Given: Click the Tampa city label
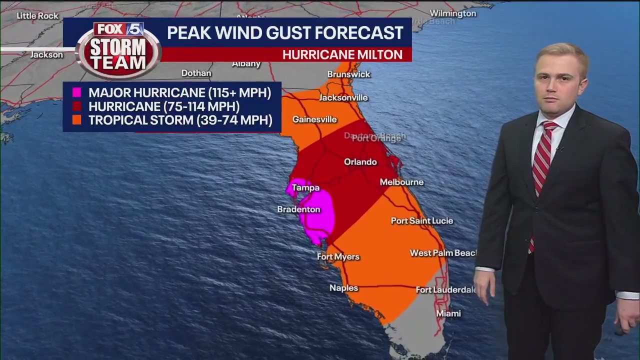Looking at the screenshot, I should pyautogui.click(x=305, y=188).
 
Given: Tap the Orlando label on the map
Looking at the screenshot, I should pyautogui.click(x=360, y=162).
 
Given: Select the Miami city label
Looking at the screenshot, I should pyautogui.click(x=448, y=313).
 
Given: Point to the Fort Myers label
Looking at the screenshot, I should pyautogui.click(x=338, y=257).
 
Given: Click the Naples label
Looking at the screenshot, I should pyautogui.click(x=343, y=288).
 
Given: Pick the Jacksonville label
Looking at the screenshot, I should pyautogui.click(x=343, y=98).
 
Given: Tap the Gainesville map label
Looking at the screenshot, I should pyautogui.click(x=314, y=120).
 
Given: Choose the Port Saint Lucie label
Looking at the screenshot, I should pyautogui.click(x=421, y=221).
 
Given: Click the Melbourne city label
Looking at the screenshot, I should pyautogui.click(x=401, y=182).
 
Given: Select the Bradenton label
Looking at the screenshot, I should pyautogui.click(x=298, y=209).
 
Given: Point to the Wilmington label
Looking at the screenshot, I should pyautogui.click(x=453, y=13).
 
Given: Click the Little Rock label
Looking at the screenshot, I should pyautogui.click(x=37, y=16).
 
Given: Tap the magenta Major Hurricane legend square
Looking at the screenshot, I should pyautogui.click(x=76, y=92).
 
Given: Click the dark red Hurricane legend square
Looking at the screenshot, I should pyautogui.click(x=76, y=106).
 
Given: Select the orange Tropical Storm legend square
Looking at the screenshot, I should pyautogui.click(x=76, y=120).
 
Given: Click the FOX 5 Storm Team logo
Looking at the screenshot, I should pyautogui.click(x=118, y=50).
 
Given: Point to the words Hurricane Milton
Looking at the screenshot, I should pyautogui.click(x=342, y=55).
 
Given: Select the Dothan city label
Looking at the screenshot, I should pyautogui.click(x=196, y=73).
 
